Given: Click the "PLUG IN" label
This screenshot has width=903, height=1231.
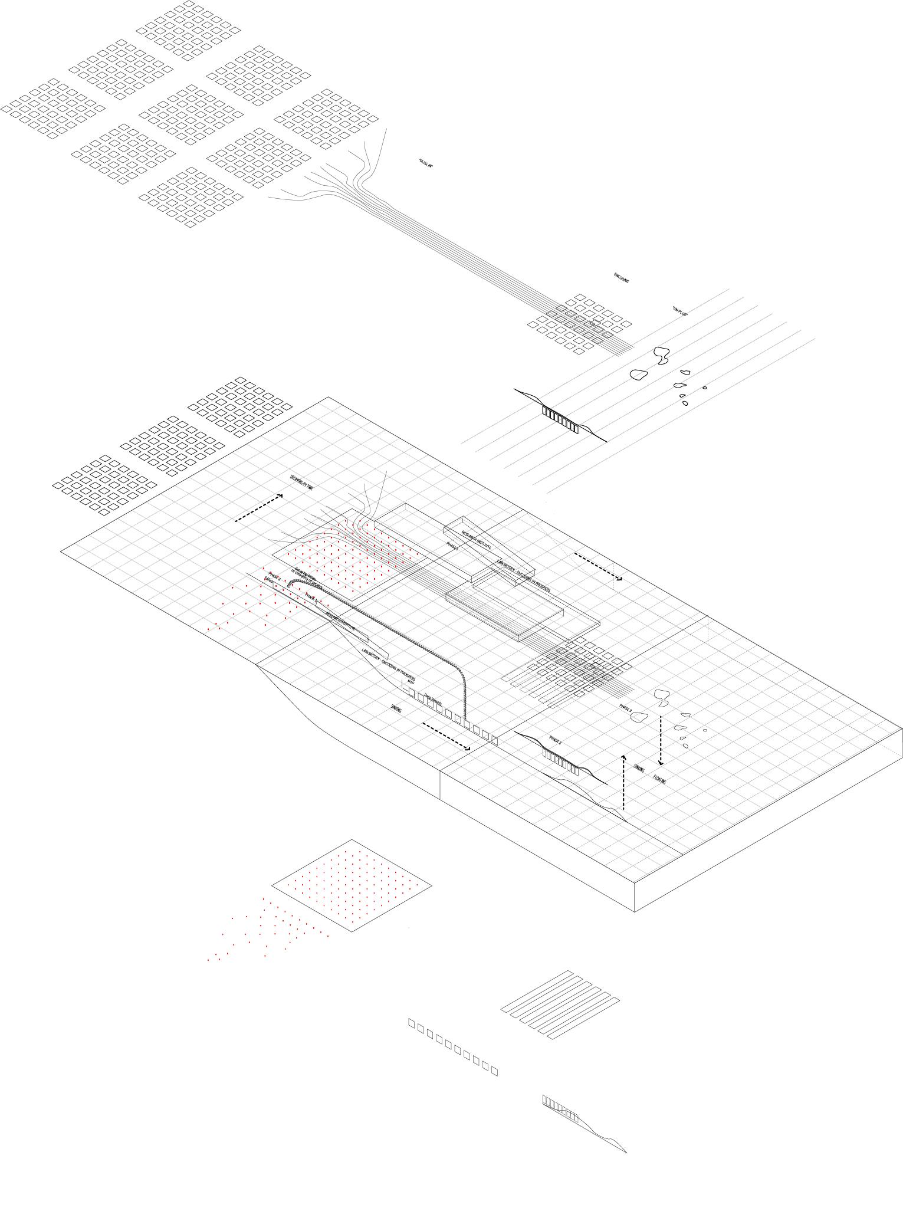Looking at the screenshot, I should pyautogui.click(x=425, y=164).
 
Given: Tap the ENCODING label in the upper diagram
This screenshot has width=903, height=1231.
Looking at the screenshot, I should pyautogui.click(x=621, y=278).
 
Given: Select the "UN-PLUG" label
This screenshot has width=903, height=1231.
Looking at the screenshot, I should pyautogui.click(x=680, y=311).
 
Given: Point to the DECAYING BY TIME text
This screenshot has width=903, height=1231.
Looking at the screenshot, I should pyautogui.click(x=301, y=482).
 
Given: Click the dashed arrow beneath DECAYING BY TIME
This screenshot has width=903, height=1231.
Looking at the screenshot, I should pyautogui.click(x=259, y=508).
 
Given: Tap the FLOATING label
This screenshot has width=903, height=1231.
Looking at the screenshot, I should pyautogui.click(x=659, y=779).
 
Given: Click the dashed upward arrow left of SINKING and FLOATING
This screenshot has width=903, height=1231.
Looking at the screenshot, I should pyautogui.click(x=624, y=781).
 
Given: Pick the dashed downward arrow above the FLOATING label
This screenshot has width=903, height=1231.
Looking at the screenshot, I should pyautogui.click(x=661, y=741).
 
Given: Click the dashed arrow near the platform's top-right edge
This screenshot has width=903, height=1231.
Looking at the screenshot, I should pyautogui.click(x=598, y=567).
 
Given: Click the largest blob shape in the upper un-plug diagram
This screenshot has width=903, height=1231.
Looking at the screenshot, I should pyautogui.click(x=661, y=354).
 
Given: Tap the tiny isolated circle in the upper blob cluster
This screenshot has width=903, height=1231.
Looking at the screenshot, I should pyautogui.click(x=704, y=388).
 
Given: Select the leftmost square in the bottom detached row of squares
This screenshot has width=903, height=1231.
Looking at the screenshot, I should pyautogui.click(x=412, y=1023).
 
